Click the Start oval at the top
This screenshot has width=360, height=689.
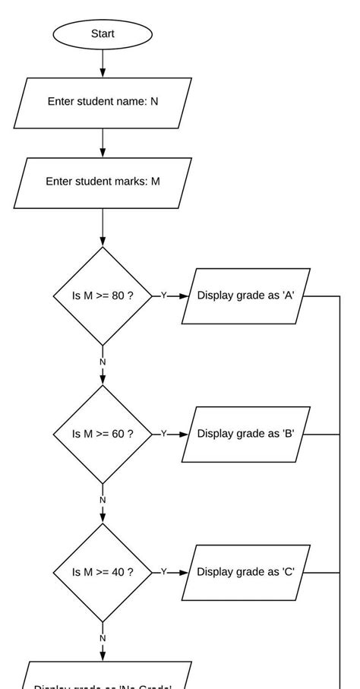point(103,34)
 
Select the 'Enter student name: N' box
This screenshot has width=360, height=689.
point(103,102)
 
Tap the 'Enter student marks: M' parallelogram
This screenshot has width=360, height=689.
point(103,182)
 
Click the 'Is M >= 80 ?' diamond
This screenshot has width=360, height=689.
point(103,296)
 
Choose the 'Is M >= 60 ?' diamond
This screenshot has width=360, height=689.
point(103,434)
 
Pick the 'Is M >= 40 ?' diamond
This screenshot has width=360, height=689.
point(103,572)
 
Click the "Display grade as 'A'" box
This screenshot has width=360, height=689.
point(246,296)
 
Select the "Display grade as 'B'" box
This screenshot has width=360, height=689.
point(246,434)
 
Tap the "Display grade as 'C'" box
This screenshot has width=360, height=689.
point(246,572)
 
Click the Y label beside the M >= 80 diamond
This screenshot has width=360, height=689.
point(163,296)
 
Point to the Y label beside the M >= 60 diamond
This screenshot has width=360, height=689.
point(163,434)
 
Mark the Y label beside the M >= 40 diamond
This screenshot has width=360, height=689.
point(163,572)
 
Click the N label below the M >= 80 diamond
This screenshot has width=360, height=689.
point(103,362)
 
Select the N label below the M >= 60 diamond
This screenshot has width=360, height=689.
point(103,500)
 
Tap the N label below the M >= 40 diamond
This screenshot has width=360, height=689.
point(103,638)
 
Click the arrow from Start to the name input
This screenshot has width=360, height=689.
point(103,63)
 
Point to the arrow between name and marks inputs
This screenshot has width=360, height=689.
point(103,142)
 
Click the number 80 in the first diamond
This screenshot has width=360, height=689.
point(118,296)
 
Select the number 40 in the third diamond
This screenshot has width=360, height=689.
point(118,572)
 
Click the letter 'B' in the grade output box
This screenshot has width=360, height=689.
point(289,434)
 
